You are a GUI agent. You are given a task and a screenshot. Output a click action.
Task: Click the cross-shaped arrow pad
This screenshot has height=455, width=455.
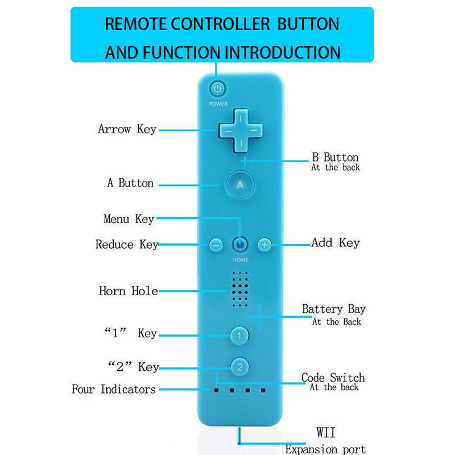[241, 131]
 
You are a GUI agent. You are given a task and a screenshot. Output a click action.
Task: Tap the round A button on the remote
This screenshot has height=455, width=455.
[240, 184]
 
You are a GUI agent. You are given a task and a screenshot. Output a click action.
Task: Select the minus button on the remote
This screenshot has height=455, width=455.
[216, 245]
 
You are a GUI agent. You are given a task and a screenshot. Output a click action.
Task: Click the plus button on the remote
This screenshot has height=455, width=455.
[264, 245]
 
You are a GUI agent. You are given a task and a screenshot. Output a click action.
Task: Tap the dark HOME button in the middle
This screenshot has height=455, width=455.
[240, 245]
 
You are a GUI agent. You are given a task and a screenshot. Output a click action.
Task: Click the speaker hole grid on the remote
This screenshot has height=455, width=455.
[240, 289]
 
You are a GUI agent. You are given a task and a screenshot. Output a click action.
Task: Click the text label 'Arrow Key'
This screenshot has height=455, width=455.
[127, 130]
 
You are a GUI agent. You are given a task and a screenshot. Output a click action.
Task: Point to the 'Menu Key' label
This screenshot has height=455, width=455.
[129, 219]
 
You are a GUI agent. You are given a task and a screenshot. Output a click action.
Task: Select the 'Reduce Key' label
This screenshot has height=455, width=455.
[127, 245]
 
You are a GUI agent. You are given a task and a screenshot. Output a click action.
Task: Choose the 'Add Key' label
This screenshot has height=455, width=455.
[336, 243]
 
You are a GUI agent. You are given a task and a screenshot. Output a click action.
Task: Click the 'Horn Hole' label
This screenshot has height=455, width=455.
[129, 291]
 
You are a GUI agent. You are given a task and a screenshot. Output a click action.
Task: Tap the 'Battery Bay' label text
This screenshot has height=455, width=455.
[334, 309]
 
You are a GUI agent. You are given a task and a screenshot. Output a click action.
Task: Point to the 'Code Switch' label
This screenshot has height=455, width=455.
[333, 378]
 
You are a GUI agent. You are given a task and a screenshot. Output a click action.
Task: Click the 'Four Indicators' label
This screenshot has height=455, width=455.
[114, 389]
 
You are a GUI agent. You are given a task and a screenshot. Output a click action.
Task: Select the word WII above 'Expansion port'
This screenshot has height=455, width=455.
[326, 432]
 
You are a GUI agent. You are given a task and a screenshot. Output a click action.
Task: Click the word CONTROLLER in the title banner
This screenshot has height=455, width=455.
[220, 24]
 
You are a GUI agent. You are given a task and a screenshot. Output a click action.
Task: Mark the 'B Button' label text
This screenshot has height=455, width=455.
[335, 158]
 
